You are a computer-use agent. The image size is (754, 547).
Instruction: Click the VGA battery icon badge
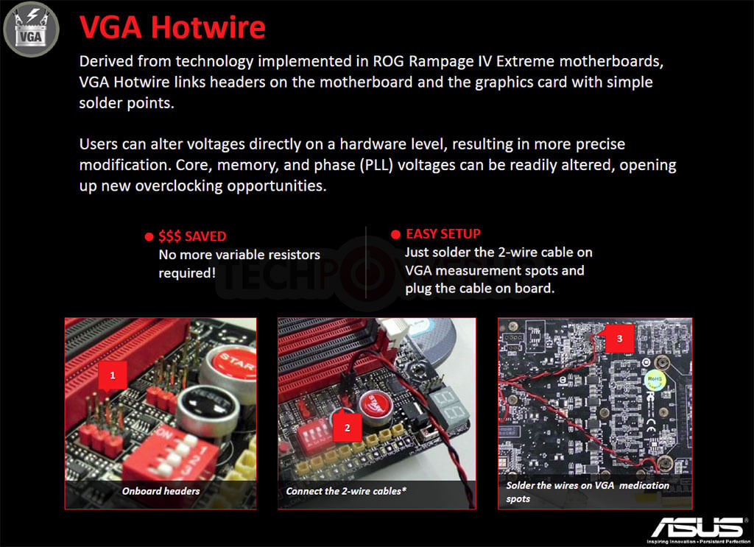pyautogui.click(x=31, y=29)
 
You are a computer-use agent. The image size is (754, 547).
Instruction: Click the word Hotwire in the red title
pyautogui.click(x=208, y=27)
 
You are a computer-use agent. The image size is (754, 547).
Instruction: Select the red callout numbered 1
pyautogui.click(x=113, y=375)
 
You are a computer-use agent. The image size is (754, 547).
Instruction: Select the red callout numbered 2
pyautogui.click(x=348, y=427)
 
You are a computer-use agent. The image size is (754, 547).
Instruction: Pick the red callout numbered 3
pyautogui.click(x=619, y=339)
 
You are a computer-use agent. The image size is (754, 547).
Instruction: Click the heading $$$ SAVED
pyautogui.click(x=192, y=236)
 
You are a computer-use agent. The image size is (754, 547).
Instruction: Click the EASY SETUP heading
pyautogui.click(x=443, y=233)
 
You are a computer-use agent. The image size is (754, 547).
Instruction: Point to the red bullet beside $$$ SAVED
pyautogui.click(x=149, y=236)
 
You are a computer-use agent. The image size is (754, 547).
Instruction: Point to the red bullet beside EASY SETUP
pyautogui.click(x=395, y=234)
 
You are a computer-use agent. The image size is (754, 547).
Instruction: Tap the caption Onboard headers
pyautogui.click(x=161, y=491)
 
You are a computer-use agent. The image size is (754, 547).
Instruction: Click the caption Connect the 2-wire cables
pyautogui.click(x=346, y=491)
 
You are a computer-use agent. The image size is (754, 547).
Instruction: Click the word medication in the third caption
pyautogui.click(x=644, y=485)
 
